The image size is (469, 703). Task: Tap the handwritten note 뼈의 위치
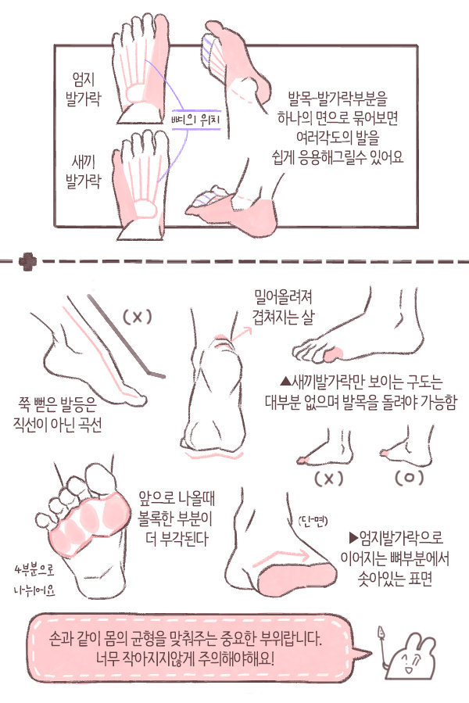[x=197, y=120]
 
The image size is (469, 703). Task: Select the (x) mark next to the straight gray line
[x=136, y=317]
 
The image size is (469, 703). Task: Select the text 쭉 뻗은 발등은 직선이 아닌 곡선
[x=59, y=414]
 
